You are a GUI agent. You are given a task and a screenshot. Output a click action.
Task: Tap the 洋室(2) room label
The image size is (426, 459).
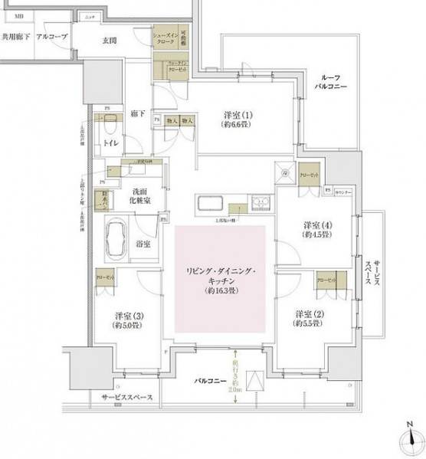point(309,319)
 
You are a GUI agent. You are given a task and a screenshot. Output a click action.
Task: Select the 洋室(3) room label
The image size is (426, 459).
point(128,320)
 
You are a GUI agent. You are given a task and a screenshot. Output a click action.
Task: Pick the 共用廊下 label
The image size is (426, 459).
point(16,37)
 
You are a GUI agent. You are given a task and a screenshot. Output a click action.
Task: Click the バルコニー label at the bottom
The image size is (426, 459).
point(208,379)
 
